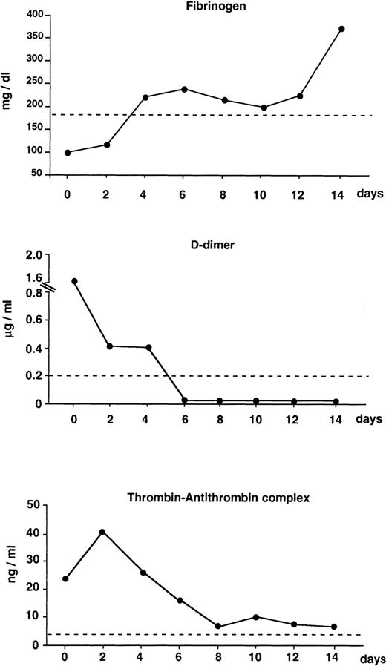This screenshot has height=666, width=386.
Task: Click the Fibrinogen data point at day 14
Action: [x=341, y=29]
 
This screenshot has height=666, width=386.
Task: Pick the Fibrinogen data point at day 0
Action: [x=68, y=152]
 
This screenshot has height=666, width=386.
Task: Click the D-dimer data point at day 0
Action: [x=74, y=281]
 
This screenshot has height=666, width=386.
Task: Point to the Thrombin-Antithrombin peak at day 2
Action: [x=102, y=532]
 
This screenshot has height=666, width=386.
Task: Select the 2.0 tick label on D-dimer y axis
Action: [x=33, y=255]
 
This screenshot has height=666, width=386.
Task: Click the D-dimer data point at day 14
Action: [x=336, y=401]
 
